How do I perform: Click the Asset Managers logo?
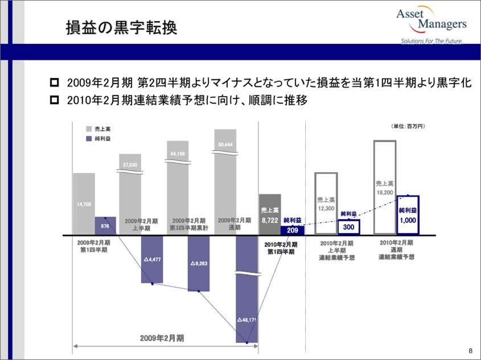(433, 25)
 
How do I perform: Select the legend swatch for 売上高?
(89, 129)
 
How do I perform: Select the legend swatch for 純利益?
(89, 139)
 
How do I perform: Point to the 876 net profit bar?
(105, 226)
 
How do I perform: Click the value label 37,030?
(130, 165)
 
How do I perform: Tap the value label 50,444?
(225, 144)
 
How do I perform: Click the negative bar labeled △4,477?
(153, 259)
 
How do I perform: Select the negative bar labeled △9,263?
(199, 263)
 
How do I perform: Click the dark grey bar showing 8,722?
(269, 214)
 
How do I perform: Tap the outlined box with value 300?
(348, 227)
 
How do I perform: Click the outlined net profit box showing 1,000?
(408, 214)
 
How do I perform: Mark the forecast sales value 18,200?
(384, 193)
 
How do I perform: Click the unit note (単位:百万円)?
(408, 126)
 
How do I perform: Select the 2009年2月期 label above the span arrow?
(162, 338)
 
